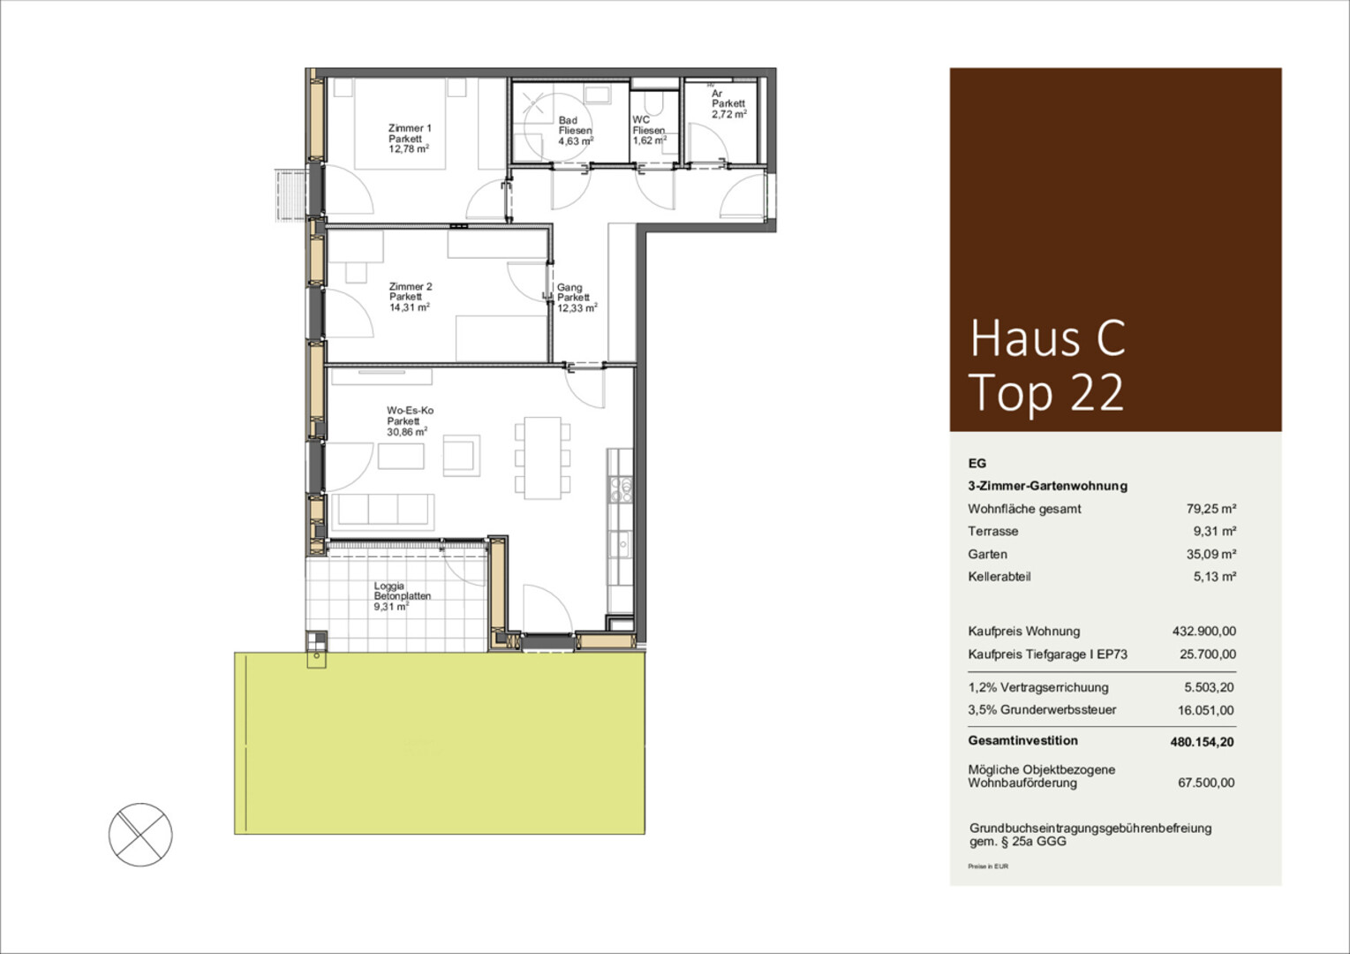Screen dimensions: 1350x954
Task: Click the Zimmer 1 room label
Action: tap(409, 139)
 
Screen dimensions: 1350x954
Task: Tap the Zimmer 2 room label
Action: tap(410, 297)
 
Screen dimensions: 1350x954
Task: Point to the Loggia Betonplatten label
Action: tap(402, 595)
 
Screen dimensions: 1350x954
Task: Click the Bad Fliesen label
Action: tap(576, 130)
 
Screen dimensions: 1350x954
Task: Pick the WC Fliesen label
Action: tap(649, 130)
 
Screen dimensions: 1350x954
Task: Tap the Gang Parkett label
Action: tap(577, 298)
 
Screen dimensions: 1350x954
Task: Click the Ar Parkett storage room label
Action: tap(729, 103)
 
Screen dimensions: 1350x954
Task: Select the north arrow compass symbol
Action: tap(140, 835)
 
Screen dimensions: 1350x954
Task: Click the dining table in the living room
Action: tap(542, 458)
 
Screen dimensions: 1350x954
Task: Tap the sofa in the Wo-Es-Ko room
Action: tap(382, 511)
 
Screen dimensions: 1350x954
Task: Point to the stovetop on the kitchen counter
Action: tap(621, 489)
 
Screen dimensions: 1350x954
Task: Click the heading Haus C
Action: tap(1047, 338)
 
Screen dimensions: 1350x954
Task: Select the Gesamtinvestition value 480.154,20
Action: tap(1202, 742)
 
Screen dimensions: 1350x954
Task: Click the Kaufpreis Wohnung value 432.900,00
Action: tap(1204, 632)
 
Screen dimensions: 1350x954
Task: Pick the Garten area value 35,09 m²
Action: tap(1211, 554)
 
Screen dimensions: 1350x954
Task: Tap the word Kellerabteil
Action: tap(999, 577)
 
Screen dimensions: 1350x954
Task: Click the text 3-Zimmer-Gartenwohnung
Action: tap(1047, 486)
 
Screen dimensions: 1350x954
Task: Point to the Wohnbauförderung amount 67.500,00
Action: tap(1206, 783)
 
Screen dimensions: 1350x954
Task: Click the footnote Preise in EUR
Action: tap(988, 867)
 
